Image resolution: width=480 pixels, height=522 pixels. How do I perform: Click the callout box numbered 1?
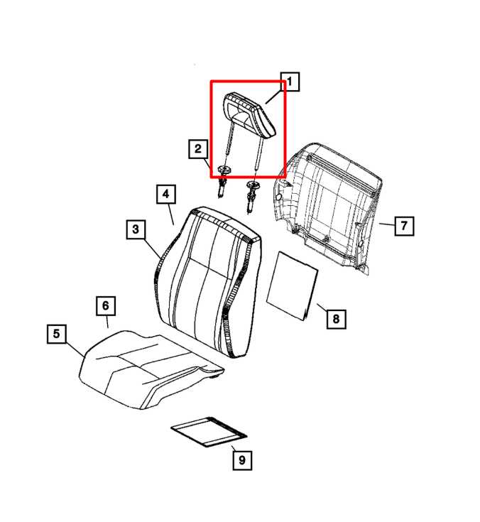(290, 82)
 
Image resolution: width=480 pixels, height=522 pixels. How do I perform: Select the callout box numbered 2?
(197, 149)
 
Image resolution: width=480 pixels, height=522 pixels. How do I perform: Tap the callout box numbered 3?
(136, 229)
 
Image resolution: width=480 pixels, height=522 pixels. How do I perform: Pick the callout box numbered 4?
(164, 194)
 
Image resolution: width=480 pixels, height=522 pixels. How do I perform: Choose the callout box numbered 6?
(105, 306)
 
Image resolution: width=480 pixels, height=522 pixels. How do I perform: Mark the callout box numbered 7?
(403, 226)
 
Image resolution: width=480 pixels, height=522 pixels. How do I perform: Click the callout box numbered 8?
(336, 319)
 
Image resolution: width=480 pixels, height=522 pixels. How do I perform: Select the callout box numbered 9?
(241, 460)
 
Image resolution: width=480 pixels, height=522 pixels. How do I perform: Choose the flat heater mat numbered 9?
(209, 431)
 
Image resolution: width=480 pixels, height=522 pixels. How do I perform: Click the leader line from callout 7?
(386, 224)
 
